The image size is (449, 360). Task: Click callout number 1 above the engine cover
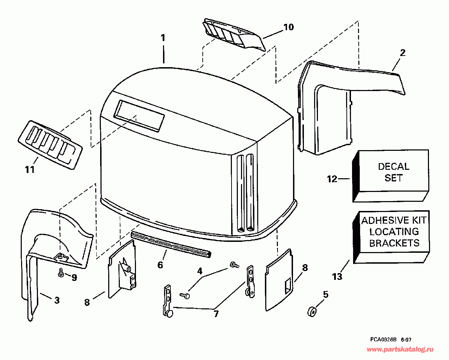(163, 38)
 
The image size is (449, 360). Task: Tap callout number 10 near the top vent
(288, 27)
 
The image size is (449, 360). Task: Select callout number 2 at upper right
(403, 53)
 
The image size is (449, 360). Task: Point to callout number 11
(30, 169)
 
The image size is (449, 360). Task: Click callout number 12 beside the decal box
(332, 179)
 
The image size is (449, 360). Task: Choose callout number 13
(337, 277)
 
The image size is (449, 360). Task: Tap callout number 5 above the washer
(326, 294)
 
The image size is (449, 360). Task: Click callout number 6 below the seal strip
(160, 265)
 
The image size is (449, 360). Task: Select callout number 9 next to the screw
(74, 277)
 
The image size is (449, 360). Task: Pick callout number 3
(57, 300)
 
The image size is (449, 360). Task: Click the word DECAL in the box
(393, 166)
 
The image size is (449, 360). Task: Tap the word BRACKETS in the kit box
(394, 243)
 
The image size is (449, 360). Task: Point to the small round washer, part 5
(311, 311)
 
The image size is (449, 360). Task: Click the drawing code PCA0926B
(383, 340)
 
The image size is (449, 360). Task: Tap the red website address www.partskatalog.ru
(400, 349)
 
